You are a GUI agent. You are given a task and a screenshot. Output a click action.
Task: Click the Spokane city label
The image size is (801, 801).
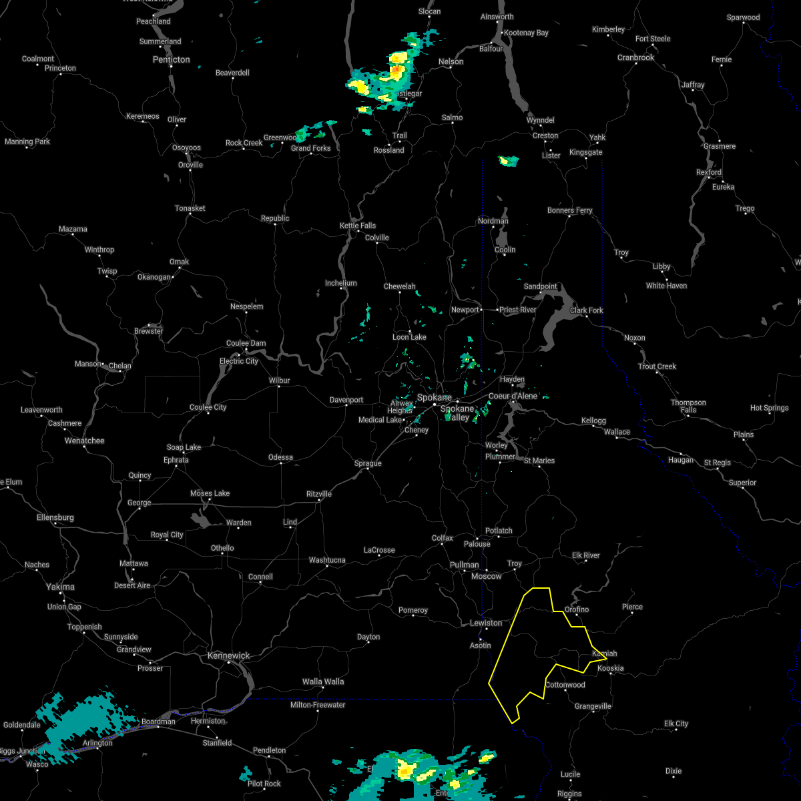(x=434, y=398)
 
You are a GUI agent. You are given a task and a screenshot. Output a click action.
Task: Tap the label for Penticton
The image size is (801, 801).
(x=171, y=59)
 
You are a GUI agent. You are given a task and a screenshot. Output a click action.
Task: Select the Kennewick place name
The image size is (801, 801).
(x=228, y=655)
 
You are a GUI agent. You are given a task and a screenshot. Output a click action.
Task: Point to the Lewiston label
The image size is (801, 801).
(x=486, y=623)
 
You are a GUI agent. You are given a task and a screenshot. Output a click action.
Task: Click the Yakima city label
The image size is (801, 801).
(x=60, y=587)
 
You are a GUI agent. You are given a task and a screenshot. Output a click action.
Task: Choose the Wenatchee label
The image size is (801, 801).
(x=85, y=441)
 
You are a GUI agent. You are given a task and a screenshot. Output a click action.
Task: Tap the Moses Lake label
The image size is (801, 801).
(x=210, y=493)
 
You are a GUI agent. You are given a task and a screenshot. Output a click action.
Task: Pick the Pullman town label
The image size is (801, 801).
(x=465, y=565)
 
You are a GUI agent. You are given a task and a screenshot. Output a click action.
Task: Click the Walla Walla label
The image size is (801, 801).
(x=323, y=682)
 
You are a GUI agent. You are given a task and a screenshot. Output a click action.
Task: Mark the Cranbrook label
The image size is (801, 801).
(x=635, y=57)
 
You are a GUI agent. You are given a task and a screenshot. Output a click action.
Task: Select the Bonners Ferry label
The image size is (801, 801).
(x=569, y=210)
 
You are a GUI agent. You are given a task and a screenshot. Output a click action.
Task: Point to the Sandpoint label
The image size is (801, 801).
(x=540, y=286)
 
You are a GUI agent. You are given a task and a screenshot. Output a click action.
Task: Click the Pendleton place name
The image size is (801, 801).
(x=270, y=750)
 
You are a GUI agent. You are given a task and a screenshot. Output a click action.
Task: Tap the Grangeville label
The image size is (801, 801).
(x=593, y=706)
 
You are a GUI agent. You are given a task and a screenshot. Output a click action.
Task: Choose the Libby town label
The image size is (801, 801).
(x=661, y=266)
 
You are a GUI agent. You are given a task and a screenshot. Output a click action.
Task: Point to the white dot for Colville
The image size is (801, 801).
(x=377, y=244)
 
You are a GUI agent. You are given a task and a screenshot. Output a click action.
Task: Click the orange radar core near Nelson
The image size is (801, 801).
(x=396, y=68)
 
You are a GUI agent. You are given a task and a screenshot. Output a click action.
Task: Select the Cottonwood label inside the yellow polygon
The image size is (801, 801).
(x=565, y=685)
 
